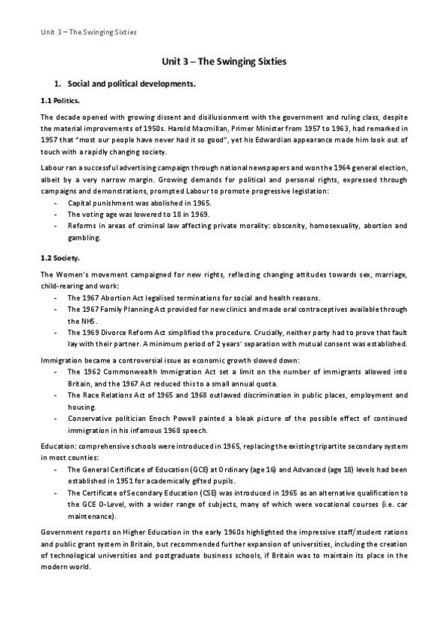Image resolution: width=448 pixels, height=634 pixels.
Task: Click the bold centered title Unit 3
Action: tap(224, 65)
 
